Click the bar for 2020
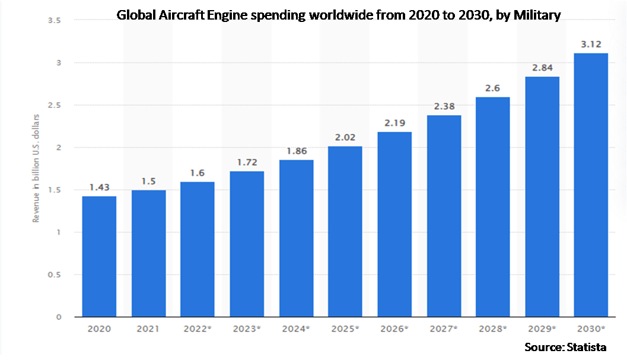pyautogui.click(x=99, y=256)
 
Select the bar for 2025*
pyautogui.click(x=345, y=231)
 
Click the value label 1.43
pyautogui.click(x=99, y=187)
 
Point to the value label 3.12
pyautogui.click(x=591, y=44)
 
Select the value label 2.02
pyautogui.click(x=345, y=138)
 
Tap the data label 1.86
pyautogui.click(x=296, y=151)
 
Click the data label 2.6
pyautogui.click(x=493, y=88)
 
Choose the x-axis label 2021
pyautogui.click(x=148, y=328)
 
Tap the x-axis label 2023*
pyautogui.click(x=247, y=328)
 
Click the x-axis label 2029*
pyautogui.click(x=542, y=328)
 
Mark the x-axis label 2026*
pyautogui.click(x=394, y=328)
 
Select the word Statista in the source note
pyautogui.click(x=587, y=347)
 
